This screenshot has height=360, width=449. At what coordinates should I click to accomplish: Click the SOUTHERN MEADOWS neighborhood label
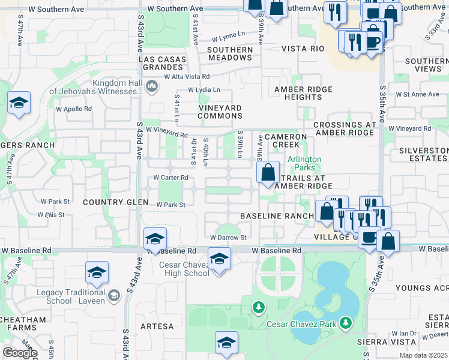[x=230, y=53]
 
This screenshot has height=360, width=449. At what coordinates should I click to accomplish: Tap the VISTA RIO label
[x=304, y=49]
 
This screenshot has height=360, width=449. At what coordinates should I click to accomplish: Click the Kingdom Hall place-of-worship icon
[x=151, y=88]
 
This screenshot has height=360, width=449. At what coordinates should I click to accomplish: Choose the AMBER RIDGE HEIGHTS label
[x=298, y=93]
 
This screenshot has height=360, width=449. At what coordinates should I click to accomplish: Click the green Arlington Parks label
[x=304, y=163]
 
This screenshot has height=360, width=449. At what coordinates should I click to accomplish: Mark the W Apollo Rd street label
[x=74, y=109]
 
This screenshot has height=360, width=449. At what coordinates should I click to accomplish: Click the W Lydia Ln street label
[x=204, y=90]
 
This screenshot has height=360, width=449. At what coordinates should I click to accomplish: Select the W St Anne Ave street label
[x=418, y=94]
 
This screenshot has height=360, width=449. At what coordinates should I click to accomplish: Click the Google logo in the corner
[x=20, y=353]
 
